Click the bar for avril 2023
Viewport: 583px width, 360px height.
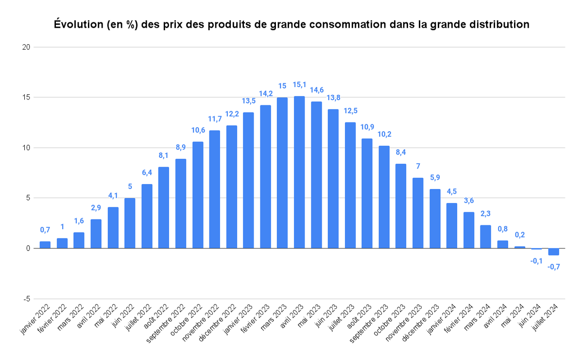tap(299, 172)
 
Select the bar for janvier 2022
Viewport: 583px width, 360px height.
tap(45, 245)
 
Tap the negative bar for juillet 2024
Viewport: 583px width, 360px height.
tap(553, 252)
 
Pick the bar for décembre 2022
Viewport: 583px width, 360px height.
tap(232, 187)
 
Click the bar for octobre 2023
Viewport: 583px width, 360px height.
tap(401, 206)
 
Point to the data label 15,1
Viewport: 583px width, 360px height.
tap(299, 85)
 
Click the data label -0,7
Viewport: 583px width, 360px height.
tap(553, 267)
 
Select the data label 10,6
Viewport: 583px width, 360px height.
tap(198, 130)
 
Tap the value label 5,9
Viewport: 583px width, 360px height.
tap(435, 178)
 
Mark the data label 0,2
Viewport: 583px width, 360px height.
tap(519, 235)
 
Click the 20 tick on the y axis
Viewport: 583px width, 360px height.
tap(26, 47)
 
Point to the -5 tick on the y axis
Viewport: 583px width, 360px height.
tap(27, 299)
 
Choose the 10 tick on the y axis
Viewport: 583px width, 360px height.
tap(26, 148)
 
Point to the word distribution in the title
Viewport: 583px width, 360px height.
tap(499, 24)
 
